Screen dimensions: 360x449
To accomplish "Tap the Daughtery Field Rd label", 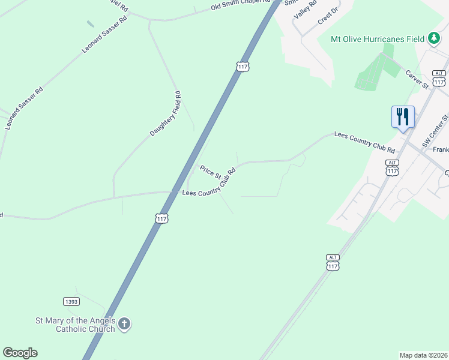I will click(x=166, y=113).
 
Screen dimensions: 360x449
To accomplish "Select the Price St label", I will click(x=211, y=171).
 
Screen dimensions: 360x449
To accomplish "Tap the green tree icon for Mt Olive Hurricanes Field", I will click(x=433, y=39).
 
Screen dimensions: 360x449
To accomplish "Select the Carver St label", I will click(x=416, y=79).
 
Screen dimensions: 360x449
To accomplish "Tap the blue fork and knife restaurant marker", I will click(x=403, y=116).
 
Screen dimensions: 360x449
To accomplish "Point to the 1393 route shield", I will click(x=71, y=301).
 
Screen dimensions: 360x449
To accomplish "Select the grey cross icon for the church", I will click(x=124, y=324).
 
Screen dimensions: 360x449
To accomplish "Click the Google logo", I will click(x=20, y=353).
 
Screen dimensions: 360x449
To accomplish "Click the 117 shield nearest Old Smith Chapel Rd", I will click(x=242, y=66).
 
